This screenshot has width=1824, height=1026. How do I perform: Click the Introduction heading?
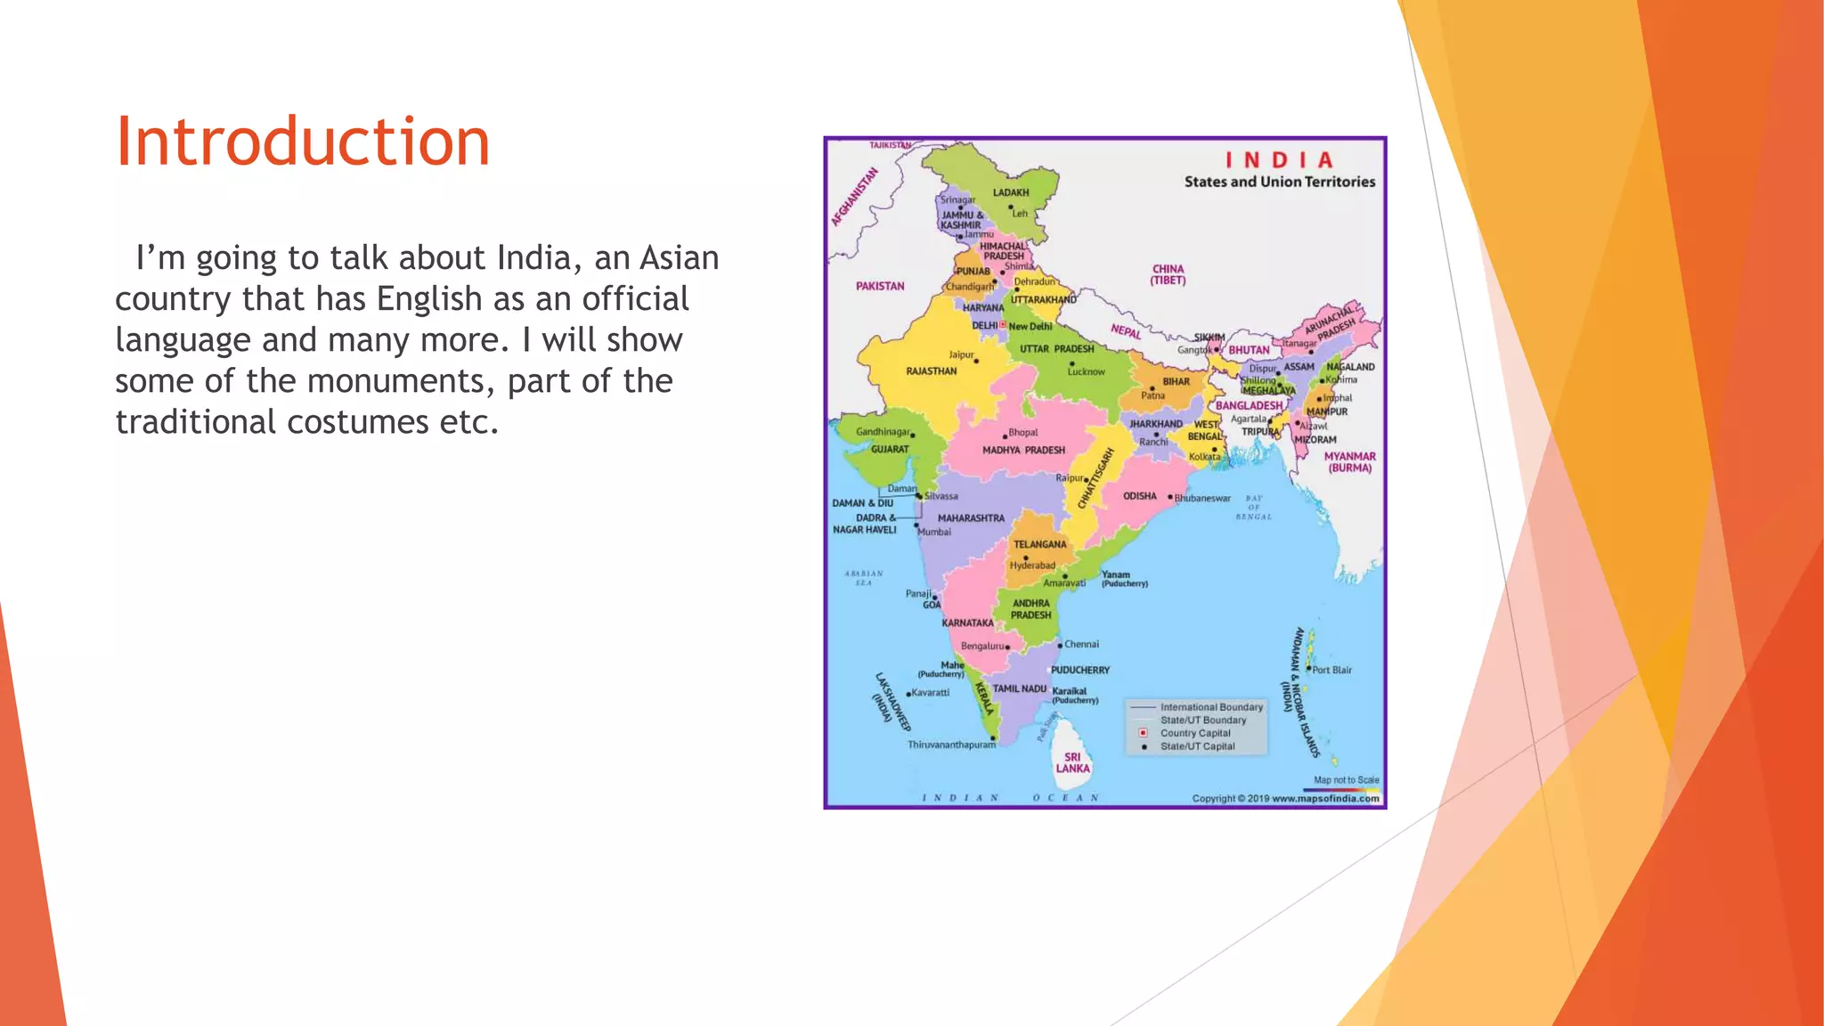coord(303,142)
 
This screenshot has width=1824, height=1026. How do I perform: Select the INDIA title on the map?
coord(1279,160)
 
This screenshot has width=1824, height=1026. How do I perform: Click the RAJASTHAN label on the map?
coord(931,371)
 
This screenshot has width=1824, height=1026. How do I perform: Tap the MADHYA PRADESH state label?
coord(1023,451)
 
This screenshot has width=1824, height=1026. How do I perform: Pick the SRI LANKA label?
coord(1072,763)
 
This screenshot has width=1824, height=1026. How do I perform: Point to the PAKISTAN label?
coord(880,287)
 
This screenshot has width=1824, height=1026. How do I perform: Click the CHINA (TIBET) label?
coord(1168,274)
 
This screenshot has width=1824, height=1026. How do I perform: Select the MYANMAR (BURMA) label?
coord(1349,462)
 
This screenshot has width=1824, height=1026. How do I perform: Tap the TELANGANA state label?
coord(1039,544)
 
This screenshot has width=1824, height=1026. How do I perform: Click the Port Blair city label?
coord(1331,670)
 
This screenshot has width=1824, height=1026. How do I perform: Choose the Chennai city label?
coord(1081,644)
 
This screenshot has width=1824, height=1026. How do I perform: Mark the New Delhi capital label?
coord(1030,327)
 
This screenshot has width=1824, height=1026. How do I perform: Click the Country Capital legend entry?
coord(1194,733)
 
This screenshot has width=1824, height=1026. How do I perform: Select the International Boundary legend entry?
coord(1211,707)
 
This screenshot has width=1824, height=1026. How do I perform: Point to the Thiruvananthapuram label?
coord(951,745)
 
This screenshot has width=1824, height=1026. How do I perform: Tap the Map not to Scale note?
coord(1346,780)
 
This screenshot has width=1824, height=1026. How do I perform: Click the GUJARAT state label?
coord(890,450)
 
